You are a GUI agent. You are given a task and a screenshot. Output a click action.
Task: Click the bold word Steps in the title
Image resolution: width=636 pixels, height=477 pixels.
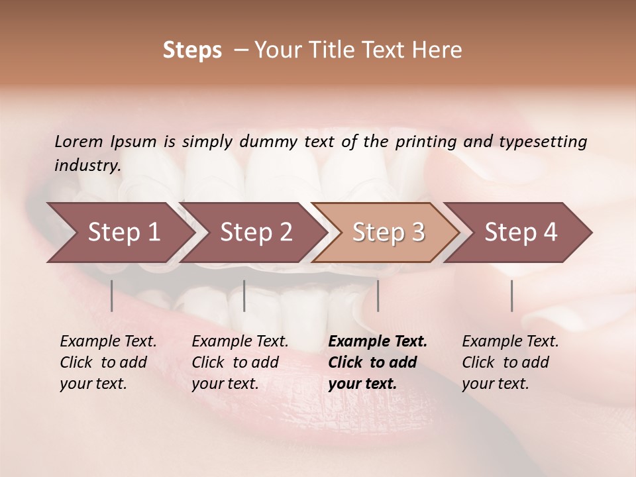[x=192, y=50]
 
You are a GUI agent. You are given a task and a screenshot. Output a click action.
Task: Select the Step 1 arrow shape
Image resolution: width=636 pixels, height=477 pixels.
[x=119, y=232]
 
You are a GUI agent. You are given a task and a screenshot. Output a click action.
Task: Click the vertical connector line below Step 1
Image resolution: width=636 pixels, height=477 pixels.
[x=112, y=295]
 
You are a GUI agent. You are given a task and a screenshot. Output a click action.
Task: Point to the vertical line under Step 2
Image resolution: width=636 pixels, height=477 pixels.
[x=244, y=295]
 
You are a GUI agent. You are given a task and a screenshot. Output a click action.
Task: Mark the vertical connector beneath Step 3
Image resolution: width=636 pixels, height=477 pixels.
[x=378, y=295]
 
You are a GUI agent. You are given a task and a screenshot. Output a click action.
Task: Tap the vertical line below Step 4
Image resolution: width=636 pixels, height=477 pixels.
[x=512, y=295]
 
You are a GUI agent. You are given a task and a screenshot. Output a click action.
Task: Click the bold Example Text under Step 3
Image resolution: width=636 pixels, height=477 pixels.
[x=378, y=342]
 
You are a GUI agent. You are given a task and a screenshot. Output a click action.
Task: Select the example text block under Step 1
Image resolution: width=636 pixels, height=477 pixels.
[x=108, y=362]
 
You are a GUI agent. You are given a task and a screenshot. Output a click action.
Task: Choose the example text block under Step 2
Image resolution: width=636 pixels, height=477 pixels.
[x=240, y=362]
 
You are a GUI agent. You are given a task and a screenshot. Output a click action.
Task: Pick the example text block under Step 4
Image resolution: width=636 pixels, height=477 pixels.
[x=510, y=362]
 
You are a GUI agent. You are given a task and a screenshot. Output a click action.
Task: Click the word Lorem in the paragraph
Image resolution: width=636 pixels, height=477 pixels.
[x=79, y=141]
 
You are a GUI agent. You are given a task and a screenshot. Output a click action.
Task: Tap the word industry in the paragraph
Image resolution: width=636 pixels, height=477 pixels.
[x=87, y=165]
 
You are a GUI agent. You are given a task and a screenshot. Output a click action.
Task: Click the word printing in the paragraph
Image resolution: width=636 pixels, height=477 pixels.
[x=431, y=141]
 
